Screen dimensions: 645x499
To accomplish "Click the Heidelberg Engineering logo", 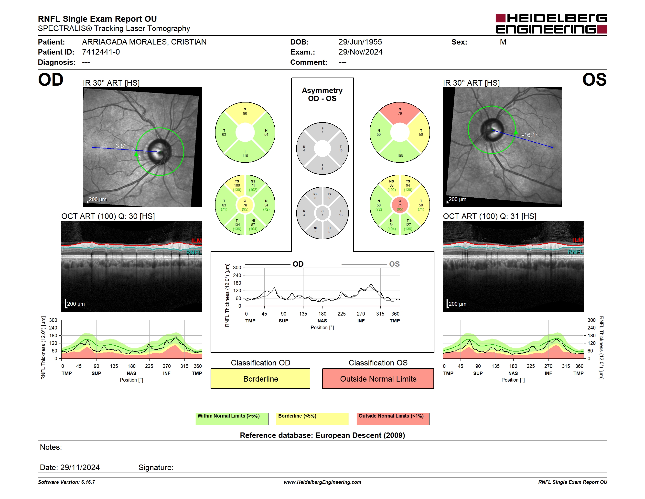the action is coord(551,24).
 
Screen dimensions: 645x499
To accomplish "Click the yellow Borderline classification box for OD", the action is coord(260,378).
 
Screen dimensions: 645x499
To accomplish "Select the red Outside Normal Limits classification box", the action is coord(378,378).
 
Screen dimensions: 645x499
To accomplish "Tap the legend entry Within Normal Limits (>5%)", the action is coord(232,419).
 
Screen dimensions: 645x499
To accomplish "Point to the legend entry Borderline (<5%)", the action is coord(312,419).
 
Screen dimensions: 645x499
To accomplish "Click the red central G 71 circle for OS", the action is coord(400,205).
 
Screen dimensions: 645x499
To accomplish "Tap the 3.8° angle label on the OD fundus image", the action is coord(121,146).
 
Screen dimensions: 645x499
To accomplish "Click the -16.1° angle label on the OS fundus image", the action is coord(529,135).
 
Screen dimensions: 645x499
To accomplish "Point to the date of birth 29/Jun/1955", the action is coord(360,42).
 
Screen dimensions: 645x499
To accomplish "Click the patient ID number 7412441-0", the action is coord(101,52).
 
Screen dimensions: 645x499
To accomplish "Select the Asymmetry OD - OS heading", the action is coord(322,94).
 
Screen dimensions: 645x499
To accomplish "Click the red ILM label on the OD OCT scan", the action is coord(196,241).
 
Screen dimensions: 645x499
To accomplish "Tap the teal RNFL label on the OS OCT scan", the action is coord(576,252).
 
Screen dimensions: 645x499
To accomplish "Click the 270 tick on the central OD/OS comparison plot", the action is coord(361,314).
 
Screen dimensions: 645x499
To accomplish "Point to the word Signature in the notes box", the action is coord(156,467).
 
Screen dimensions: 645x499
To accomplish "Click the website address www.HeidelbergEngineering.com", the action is coord(322,482).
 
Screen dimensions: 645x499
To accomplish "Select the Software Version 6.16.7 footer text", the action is coord(66,482).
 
